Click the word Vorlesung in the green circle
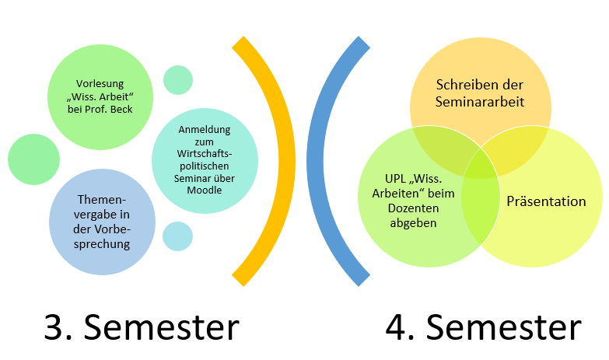99,82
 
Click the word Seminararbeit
479,102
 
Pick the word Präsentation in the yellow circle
546,201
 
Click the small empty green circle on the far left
33,159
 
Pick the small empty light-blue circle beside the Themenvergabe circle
177,236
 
